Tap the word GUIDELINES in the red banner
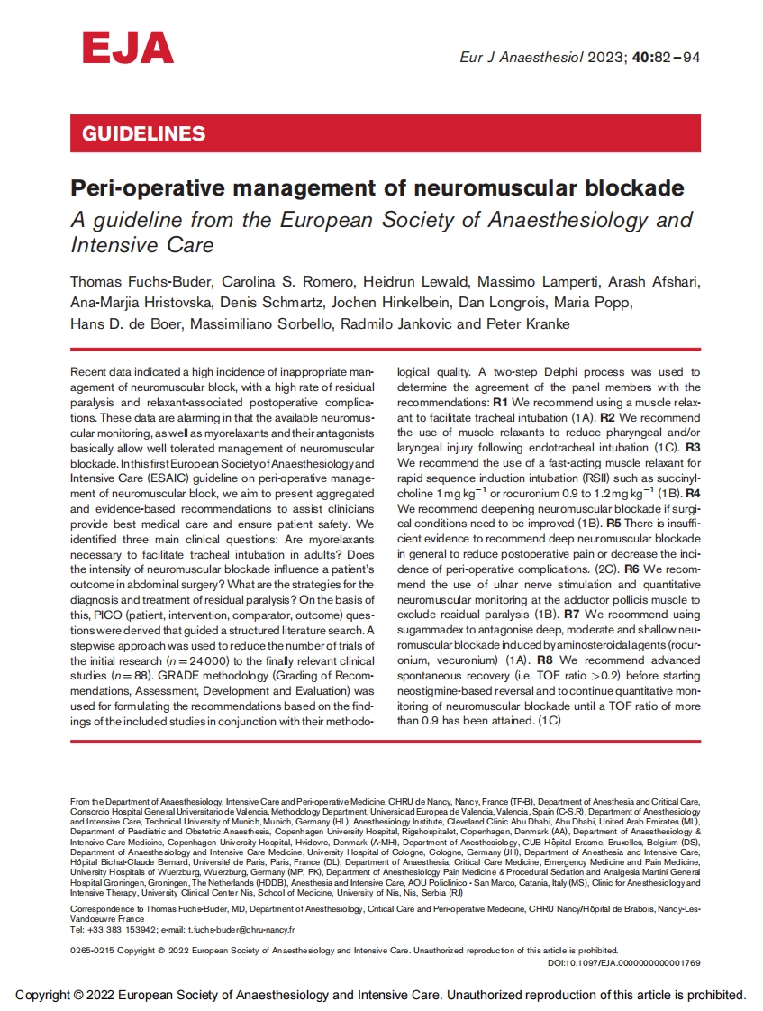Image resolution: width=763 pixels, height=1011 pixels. [144, 134]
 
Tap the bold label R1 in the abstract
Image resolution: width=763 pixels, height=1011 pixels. [502, 401]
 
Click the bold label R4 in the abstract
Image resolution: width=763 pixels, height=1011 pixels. [693, 494]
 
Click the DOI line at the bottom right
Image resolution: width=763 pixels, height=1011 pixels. [623, 962]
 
